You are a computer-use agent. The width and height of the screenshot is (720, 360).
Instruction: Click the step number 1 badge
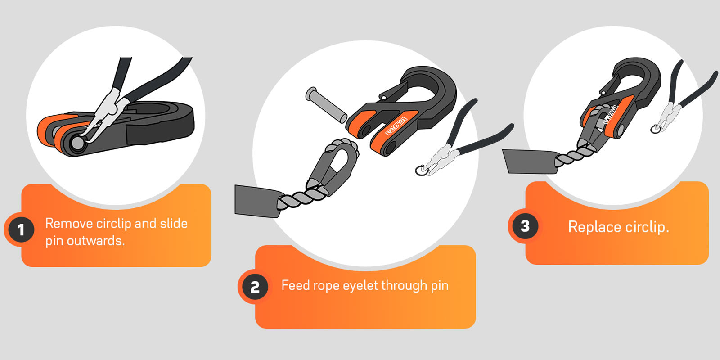click(x=21, y=230)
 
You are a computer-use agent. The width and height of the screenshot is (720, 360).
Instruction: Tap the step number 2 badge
click(x=255, y=287)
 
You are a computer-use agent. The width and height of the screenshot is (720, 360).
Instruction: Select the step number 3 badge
click(x=525, y=226)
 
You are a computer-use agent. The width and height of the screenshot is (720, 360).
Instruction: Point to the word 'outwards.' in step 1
click(x=95, y=240)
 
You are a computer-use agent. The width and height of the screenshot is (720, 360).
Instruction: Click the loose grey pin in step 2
click(x=326, y=104)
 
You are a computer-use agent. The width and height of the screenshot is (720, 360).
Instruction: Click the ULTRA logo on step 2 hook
click(x=396, y=126)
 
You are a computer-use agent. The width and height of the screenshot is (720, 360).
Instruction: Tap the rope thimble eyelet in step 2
click(x=334, y=166)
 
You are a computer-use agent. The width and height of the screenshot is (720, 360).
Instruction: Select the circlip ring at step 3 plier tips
click(x=656, y=129)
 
